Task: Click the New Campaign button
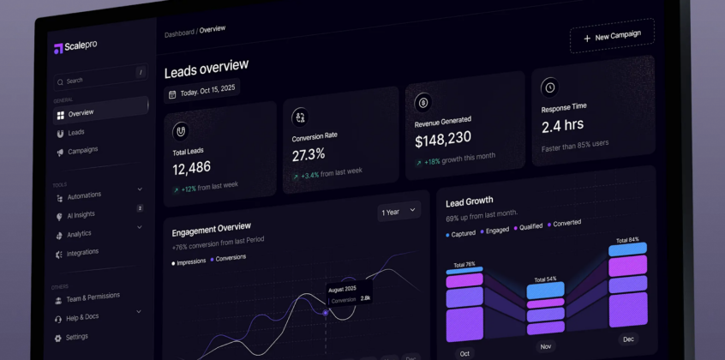[612, 36]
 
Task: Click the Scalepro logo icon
[58, 49]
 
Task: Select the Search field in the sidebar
[101, 77]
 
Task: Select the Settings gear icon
[57, 339]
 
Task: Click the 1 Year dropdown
[398, 212]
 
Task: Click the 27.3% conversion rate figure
[309, 154]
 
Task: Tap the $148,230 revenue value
[443, 139]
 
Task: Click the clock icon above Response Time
[550, 87]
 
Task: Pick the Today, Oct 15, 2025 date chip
[202, 91]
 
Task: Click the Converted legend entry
[565, 223]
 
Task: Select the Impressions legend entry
[189, 262]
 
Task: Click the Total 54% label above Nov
[546, 279]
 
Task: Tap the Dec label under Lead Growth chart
[628, 339]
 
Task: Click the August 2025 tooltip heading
[342, 289]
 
